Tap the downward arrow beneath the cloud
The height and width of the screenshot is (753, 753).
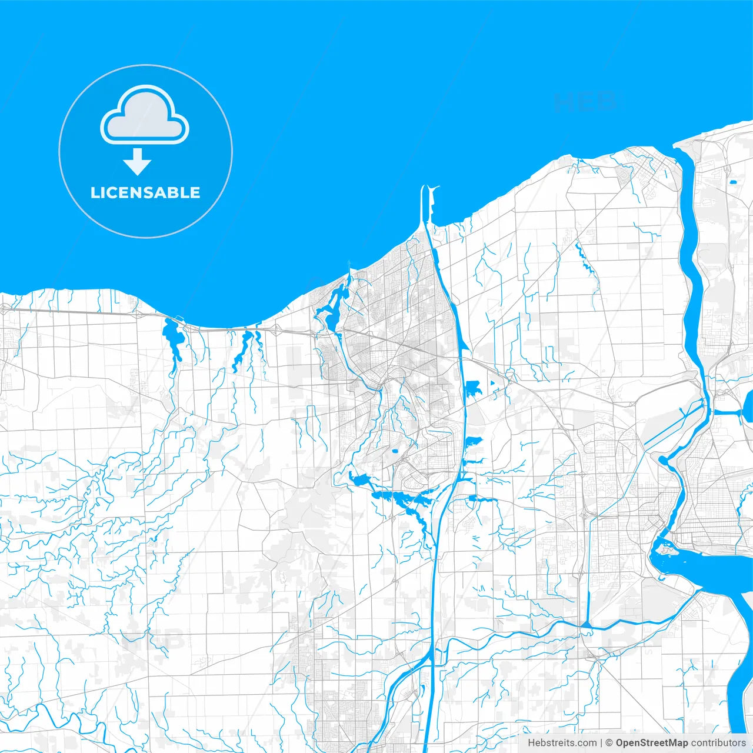137,162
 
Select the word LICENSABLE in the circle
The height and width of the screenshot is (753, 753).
145,192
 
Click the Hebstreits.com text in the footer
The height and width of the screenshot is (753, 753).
562,743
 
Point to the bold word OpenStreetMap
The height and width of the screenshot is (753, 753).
651,743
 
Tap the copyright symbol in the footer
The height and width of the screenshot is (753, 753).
609,743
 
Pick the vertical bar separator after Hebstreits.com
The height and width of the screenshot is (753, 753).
601,743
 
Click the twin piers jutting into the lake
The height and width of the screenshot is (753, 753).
428,203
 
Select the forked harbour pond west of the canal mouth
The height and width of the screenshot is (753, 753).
332,306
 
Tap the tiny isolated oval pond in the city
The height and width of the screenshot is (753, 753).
394,452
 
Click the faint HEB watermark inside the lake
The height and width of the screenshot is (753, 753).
585,102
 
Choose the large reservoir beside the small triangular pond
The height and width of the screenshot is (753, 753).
472,388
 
